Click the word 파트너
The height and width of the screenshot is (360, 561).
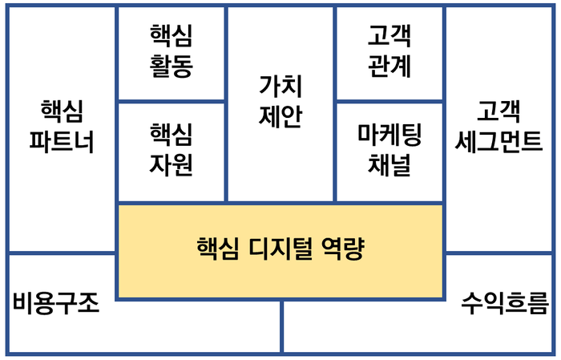coord(62,142)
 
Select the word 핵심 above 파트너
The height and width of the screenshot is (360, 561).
coord(62,111)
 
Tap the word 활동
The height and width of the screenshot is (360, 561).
coord(171,66)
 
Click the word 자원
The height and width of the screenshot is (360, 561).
coord(171,164)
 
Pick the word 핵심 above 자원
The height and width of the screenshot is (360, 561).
coord(171,134)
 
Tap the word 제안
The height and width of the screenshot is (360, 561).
coord(280,117)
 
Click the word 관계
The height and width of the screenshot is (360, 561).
coord(389,66)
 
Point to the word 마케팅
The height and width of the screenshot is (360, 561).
coord(389,134)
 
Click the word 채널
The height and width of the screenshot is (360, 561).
coord(389,164)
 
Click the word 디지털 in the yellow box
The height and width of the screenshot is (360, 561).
coord(271,249)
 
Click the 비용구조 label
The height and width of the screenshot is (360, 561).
coord(56,303)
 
